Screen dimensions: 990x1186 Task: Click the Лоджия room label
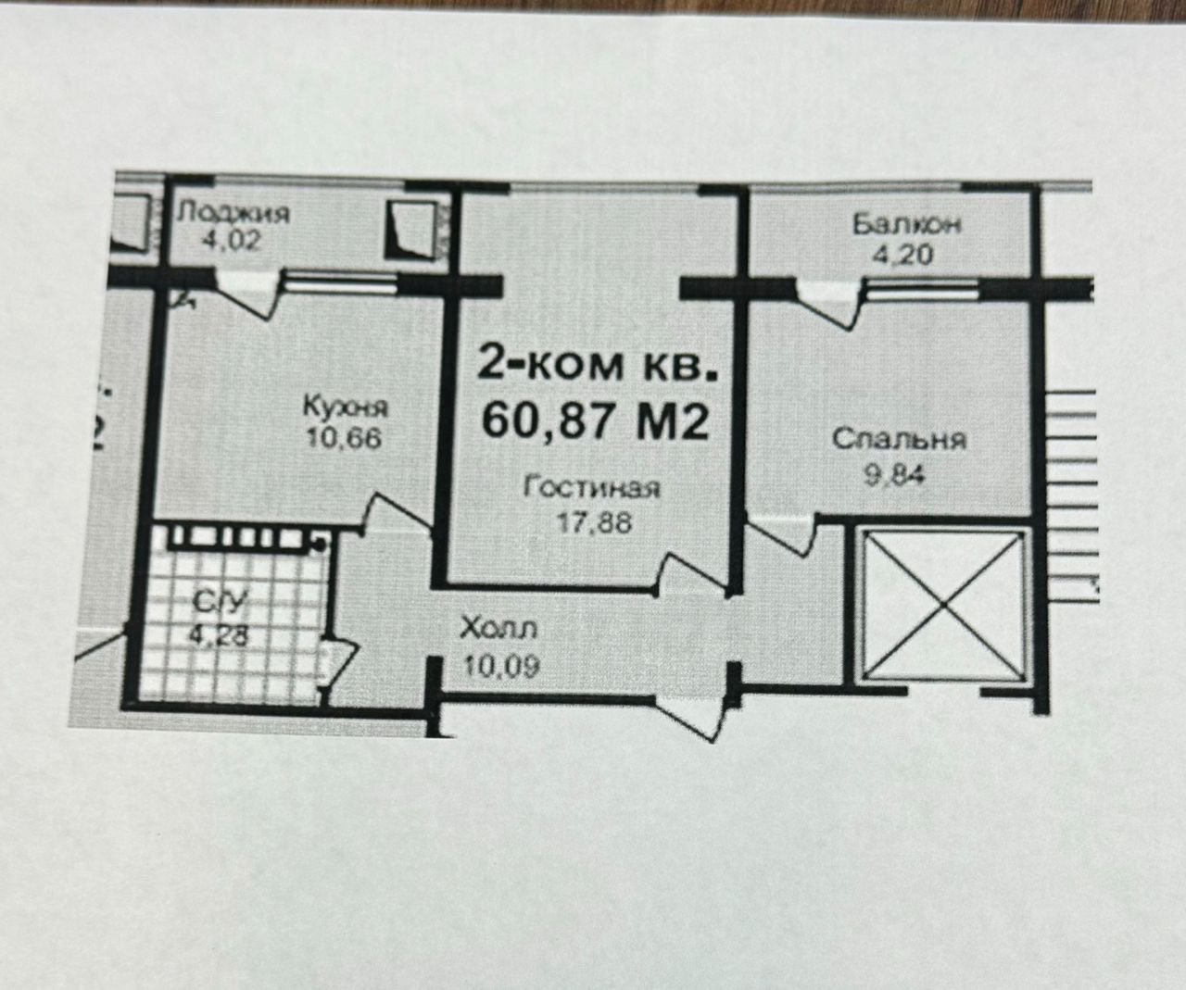click(233, 214)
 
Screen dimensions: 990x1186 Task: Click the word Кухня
click(345, 407)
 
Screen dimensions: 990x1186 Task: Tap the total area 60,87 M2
click(597, 421)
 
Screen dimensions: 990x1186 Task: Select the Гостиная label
click(592, 487)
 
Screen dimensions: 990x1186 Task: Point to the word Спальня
click(899, 438)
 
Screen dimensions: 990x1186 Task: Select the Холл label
click(498, 630)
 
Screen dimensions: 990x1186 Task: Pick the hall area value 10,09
click(498, 664)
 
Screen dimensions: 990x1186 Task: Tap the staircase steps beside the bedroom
click(1072, 482)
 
